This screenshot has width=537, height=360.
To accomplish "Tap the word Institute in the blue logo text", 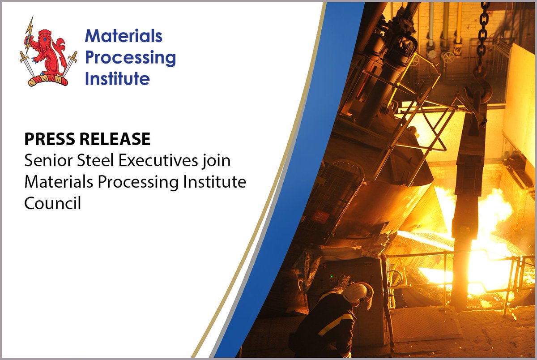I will tap(117, 79).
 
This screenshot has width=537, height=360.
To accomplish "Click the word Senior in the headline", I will tap(46, 161).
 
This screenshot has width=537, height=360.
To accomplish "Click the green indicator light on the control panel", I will tap(332, 277).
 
